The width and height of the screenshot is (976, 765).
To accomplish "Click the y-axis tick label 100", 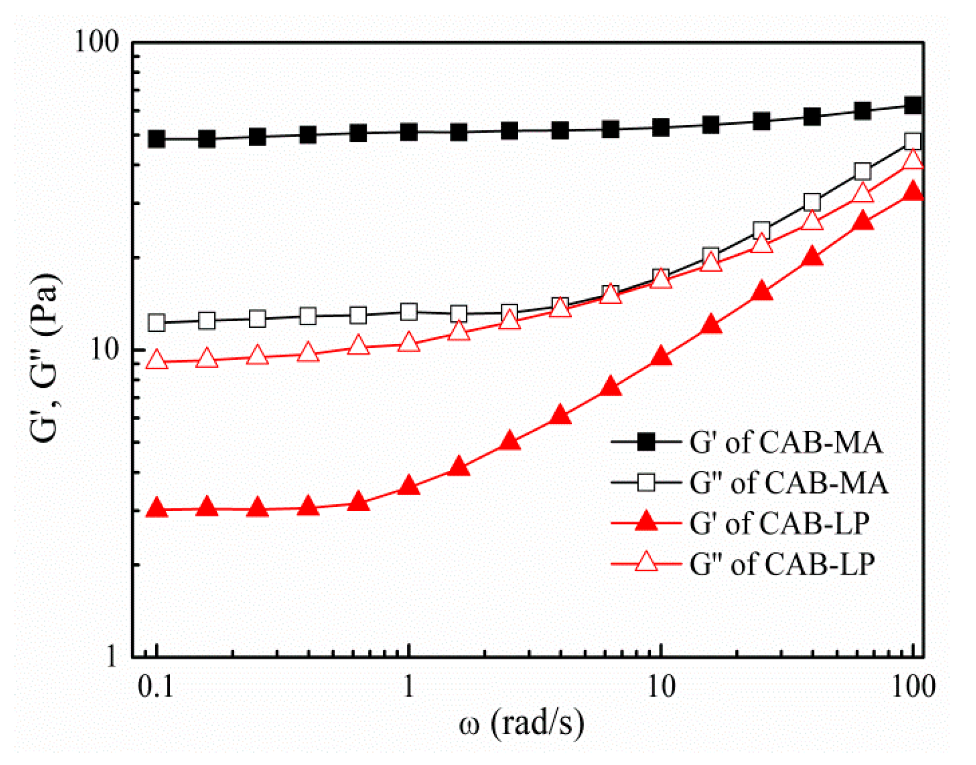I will (97, 42).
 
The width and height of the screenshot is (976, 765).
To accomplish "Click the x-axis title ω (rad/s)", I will (520, 723).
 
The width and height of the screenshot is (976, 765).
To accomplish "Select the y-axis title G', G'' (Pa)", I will (45, 359).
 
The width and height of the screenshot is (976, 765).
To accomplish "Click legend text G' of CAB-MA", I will (785, 442).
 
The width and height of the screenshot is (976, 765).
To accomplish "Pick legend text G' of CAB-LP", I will (778, 523).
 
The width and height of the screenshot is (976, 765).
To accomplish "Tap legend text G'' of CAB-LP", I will (782, 564).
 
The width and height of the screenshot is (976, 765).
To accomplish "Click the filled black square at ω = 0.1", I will (156, 139).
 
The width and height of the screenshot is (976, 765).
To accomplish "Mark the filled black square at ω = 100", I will (913, 105).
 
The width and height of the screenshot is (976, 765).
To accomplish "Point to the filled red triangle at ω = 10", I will (660, 357).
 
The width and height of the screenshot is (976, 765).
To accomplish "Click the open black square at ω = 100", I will (913, 142).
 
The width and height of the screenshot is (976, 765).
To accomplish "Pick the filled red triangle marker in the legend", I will (646, 522).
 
